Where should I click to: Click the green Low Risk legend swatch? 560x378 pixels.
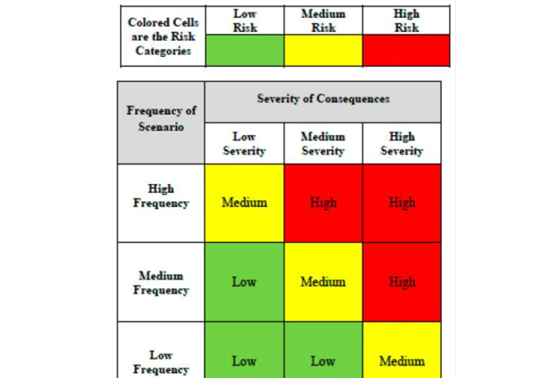[x=244, y=51]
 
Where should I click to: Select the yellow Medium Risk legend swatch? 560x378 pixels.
[x=324, y=51]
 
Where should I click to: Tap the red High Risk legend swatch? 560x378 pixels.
[x=406, y=51]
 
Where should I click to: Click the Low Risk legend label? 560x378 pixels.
[x=244, y=20]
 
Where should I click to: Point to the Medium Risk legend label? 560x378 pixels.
[x=324, y=20]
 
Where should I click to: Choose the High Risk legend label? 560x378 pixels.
[x=406, y=20]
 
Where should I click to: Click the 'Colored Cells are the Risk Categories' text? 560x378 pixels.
[x=163, y=36]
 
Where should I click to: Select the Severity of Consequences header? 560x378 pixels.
[x=323, y=99]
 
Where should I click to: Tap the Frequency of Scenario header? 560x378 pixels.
[x=161, y=119]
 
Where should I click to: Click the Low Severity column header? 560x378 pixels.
[x=244, y=144]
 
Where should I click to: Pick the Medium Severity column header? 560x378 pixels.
[x=323, y=144]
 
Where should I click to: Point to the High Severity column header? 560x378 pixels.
[x=402, y=144]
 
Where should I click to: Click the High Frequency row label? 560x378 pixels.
[x=161, y=196]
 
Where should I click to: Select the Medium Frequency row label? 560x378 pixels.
[x=161, y=282]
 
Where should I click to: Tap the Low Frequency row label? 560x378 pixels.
[x=161, y=361]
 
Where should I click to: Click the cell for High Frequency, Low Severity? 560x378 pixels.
[x=244, y=203]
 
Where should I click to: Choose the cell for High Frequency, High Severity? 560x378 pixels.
[x=402, y=203]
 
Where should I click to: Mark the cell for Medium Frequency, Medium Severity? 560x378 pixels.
[x=323, y=282]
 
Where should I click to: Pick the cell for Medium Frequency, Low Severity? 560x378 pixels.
[x=244, y=282]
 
